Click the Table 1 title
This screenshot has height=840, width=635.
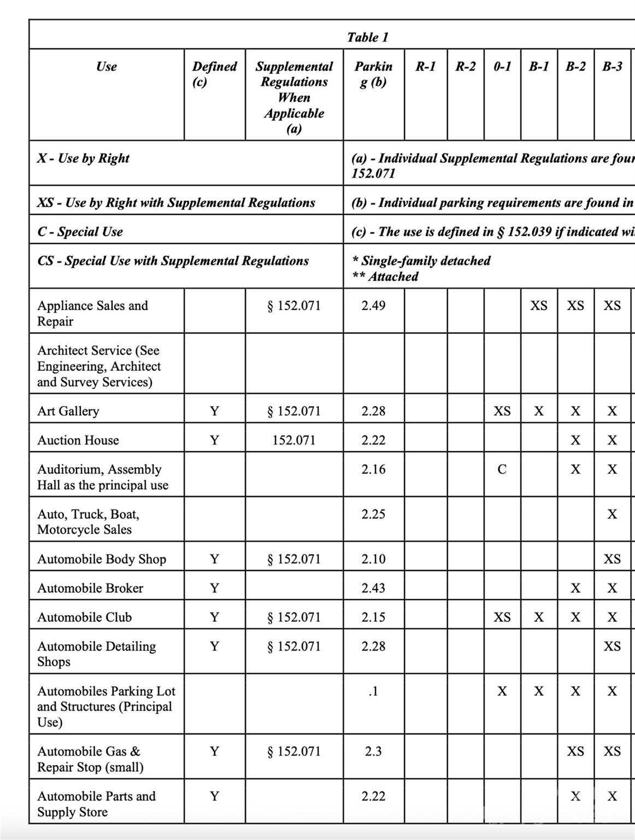pos(367,37)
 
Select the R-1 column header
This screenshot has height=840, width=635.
pos(425,67)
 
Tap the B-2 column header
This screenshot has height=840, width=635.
pos(575,67)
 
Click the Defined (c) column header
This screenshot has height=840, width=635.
pos(214,74)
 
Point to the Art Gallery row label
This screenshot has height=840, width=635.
pos(68,411)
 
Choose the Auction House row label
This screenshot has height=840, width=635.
pos(78,440)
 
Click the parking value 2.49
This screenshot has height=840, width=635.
pos(373,306)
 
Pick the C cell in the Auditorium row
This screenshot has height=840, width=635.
pos(502,469)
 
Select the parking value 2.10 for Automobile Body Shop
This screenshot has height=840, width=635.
pos(373,559)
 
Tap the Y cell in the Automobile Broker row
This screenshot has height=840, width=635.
pos(214,588)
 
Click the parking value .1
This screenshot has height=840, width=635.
pos(373,691)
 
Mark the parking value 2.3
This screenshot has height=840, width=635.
pos(373,751)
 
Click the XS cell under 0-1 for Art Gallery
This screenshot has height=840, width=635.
pos(502,411)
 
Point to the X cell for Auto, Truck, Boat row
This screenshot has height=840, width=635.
pos(612,514)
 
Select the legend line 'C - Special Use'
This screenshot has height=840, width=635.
pos(80,232)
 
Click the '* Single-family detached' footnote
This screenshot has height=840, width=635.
pos(421,261)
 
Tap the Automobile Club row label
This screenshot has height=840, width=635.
pos(85,617)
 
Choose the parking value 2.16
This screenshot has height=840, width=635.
pos(373,469)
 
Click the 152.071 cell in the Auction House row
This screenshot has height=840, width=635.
pos(294,440)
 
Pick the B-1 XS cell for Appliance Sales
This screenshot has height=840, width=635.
pos(538,306)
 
